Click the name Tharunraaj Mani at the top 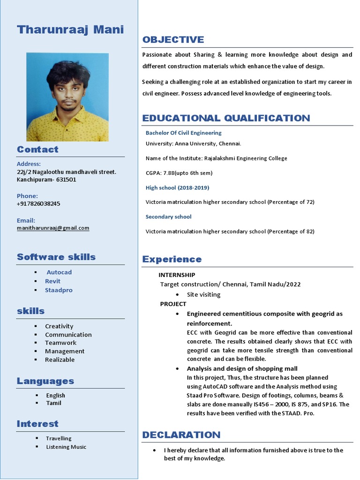[x=70, y=30]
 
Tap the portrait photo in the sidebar [x=67, y=97]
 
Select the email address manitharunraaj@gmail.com [x=53, y=228]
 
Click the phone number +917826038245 [x=38, y=204]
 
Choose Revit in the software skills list [x=52, y=281]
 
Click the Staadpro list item [x=59, y=290]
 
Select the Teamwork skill [x=60, y=343]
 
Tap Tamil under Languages [x=53, y=403]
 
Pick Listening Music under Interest [x=66, y=447]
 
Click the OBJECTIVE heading [x=173, y=40]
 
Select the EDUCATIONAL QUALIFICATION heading [x=226, y=118]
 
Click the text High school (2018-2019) [x=177, y=187]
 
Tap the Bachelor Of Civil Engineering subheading [x=183, y=133]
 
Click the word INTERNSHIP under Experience [x=177, y=275]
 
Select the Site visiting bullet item [x=203, y=295]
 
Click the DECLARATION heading [x=181, y=435]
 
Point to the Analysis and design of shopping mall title [x=242, y=368]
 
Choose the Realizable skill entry [x=60, y=360]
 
